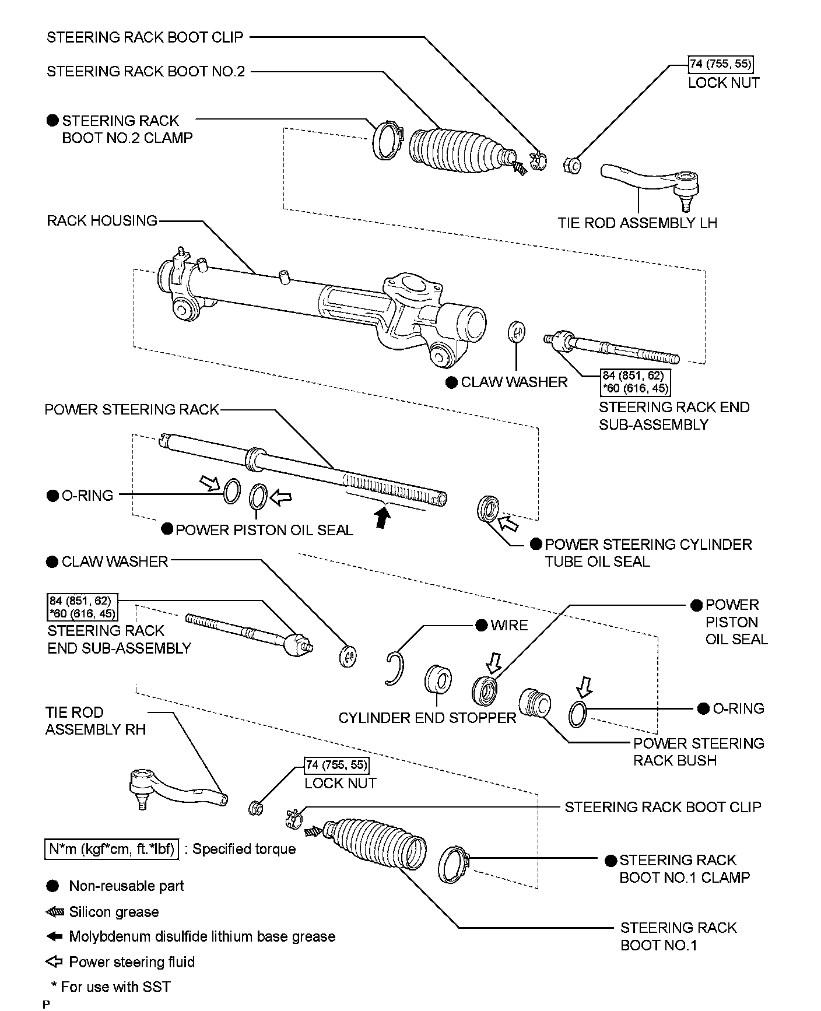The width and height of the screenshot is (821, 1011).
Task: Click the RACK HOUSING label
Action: (102, 221)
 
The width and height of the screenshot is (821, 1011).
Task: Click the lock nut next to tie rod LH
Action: (572, 166)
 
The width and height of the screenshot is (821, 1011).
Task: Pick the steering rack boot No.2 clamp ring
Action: (384, 140)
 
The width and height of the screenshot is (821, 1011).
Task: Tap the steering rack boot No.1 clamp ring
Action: (453, 865)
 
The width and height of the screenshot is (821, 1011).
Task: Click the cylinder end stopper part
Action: (438, 680)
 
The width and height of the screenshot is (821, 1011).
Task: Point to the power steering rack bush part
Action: (535, 705)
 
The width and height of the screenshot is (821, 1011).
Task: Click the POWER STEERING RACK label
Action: (132, 410)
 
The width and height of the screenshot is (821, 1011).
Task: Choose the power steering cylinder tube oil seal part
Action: (487, 508)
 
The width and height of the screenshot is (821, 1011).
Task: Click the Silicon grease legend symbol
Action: (54, 912)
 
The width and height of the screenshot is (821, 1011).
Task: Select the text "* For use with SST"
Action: (111, 987)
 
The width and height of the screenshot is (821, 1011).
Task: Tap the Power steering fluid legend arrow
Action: (54, 961)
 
